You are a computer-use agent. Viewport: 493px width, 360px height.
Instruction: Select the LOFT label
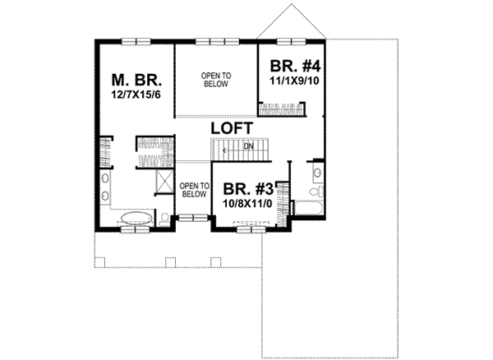coord(231,130)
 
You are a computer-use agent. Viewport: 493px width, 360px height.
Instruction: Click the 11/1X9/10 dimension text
coord(286,81)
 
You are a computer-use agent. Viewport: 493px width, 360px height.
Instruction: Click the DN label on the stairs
coord(247,147)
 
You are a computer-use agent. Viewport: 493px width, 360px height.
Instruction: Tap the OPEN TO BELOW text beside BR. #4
coord(217,79)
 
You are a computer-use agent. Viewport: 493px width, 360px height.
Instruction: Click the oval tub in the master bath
coord(131,219)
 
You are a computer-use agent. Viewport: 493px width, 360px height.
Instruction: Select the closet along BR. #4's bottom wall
coord(283,107)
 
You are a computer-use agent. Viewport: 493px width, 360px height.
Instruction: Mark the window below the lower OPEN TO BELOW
coord(192,218)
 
